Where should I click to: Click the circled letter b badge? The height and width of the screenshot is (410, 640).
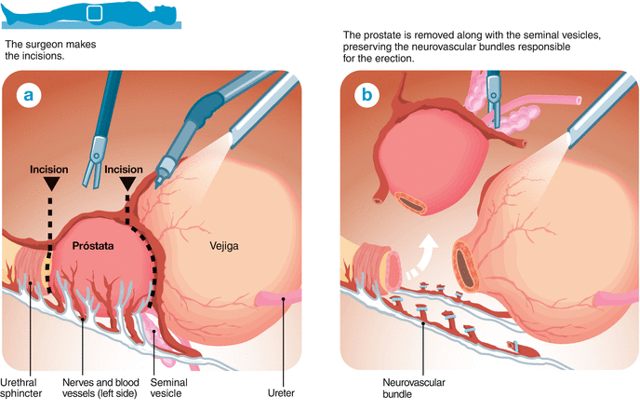tap(369, 95)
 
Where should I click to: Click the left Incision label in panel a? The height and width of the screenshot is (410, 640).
tap(49, 171)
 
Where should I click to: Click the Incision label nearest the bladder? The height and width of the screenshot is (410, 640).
tap(124, 171)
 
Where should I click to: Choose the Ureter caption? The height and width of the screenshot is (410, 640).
tap(268, 380)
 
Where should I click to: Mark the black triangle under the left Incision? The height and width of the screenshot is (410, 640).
tap(49, 186)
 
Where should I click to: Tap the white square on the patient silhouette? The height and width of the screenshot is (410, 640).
tap(95, 13)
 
